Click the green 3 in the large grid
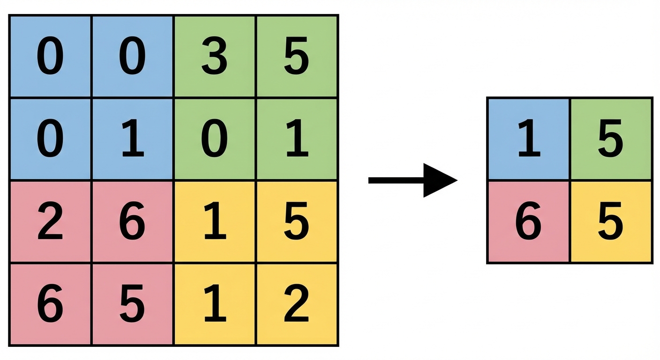point(215,57)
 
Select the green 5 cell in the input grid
point(297,57)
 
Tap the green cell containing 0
point(215,139)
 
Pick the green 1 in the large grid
point(297,139)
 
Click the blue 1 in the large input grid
point(133,139)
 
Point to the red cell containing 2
point(50,222)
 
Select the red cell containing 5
point(133,305)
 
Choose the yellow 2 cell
point(297,305)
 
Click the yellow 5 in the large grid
point(297,222)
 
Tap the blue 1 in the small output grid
point(529,139)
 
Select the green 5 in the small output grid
point(611,139)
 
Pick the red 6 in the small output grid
point(529,222)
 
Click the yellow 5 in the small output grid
point(611,222)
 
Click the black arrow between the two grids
point(412,180)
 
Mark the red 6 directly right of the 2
point(133,222)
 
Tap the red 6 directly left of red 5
point(50,305)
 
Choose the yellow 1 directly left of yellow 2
point(215,305)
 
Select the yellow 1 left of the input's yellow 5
point(215,222)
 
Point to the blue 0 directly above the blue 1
point(133,57)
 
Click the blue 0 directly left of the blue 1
point(50,139)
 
